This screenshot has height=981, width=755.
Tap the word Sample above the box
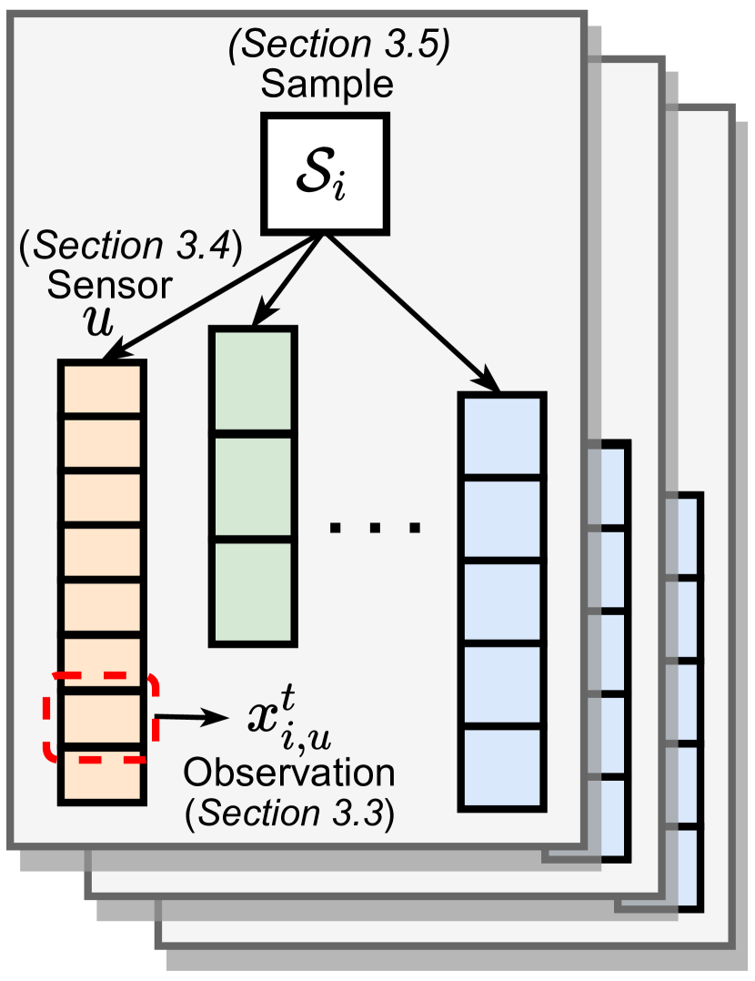pos(327,86)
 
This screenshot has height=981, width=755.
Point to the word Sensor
pos(110,285)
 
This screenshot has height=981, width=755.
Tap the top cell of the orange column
pos(102,389)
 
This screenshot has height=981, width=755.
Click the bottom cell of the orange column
pos(102,775)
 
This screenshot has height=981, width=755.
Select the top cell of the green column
pos(253,382)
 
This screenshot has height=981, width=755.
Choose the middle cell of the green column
pos(253,489)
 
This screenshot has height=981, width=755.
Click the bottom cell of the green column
pos(253,592)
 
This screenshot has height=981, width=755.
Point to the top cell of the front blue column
pos(503,435)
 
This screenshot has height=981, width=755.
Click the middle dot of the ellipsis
pos(375,526)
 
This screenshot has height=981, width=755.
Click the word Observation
pos(290,774)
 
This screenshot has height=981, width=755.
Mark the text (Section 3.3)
pos(290,813)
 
